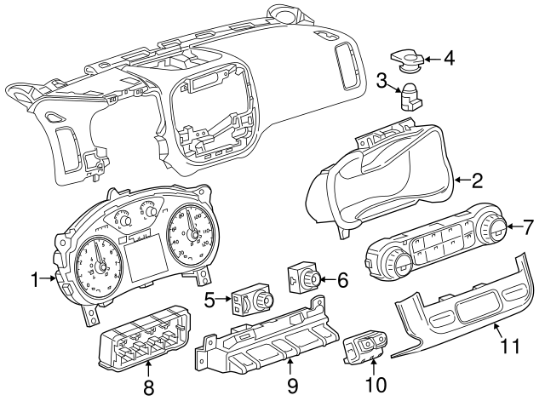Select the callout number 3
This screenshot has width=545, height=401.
point(383,82)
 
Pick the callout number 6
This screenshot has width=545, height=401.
point(343,278)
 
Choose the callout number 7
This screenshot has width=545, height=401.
point(529,227)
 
